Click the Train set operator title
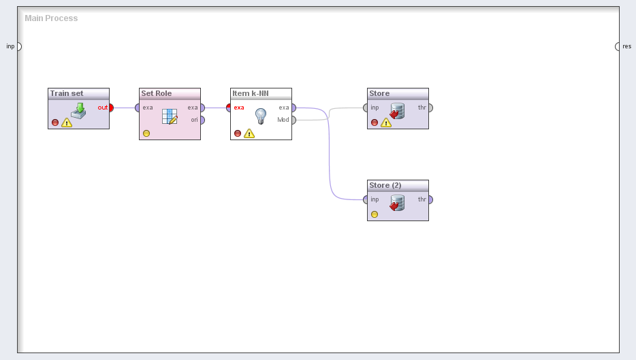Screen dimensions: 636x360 [x=67, y=93]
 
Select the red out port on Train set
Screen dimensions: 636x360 [x=111, y=108]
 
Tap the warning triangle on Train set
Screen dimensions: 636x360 [x=67, y=122]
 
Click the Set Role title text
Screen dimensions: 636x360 [x=156, y=93]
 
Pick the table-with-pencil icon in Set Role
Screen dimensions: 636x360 [x=170, y=116]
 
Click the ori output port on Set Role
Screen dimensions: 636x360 [x=202, y=120]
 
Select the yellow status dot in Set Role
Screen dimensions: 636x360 [x=146, y=133]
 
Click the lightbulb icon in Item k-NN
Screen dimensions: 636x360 [x=261, y=116]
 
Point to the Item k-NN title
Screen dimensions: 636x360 [x=251, y=93]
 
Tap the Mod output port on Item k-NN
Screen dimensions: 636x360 [x=293, y=120]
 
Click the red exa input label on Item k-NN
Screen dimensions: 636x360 [x=239, y=108]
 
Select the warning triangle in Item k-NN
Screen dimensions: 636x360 [x=249, y=133]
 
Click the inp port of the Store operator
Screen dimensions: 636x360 [x=366, y=108]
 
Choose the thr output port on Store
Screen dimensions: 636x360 [x=430, y=108]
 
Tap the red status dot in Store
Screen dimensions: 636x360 [x=375, y=122]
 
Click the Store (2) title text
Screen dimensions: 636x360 [x=385, y=185]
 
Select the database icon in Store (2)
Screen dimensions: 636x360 [x=397, y=203]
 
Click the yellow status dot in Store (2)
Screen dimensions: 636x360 [x=375, y=214]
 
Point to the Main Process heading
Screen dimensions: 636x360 [x=51, y=18]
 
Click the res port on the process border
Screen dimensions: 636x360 [x=617, y=47]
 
